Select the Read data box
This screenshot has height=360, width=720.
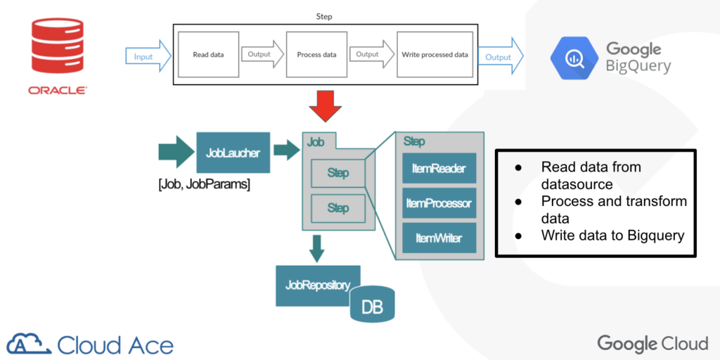click(207, 54)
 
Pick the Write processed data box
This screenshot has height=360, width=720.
click(435, 54)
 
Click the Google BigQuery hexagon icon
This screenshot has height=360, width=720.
click(573, 56)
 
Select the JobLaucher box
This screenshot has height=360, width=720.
click(233, 152)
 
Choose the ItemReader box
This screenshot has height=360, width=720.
click(439, 169)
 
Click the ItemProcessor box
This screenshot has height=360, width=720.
click(439, 203)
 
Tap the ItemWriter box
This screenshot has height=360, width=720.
click(439, 238)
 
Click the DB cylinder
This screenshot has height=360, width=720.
click(372, 306)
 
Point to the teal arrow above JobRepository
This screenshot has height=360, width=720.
click(317, 248)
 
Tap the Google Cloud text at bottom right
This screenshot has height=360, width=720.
click(652, 343)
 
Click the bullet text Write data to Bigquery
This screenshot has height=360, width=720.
click(612, 235)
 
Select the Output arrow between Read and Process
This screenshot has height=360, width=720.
click(261, 54)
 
